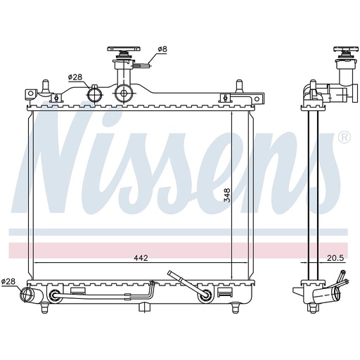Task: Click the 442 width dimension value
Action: pos(141,258)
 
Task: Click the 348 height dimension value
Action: pos(227,195)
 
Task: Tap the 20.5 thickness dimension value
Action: pos(335,258)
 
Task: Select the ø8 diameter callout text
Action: pos(162,49)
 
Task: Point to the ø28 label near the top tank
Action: pos(75,77)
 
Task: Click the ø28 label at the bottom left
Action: pos(8,281)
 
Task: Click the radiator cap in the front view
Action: pos(124,49)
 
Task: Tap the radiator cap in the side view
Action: pos(346,49)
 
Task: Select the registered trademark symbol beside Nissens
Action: pos(345,138)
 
